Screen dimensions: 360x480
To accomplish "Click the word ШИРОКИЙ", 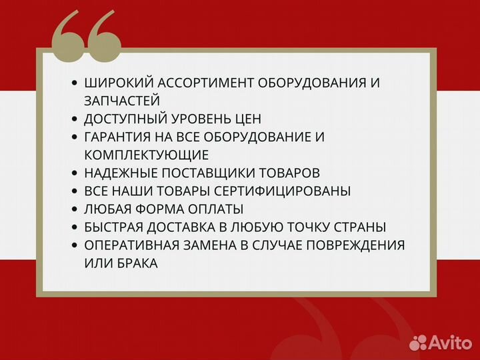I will (x=115, y=83).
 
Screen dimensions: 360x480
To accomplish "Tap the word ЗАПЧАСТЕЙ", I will (x=122, y=101).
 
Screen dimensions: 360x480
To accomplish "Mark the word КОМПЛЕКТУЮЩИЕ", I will (x=147, y=155).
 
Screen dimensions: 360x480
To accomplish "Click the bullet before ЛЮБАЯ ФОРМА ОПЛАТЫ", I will (x=74, y=209).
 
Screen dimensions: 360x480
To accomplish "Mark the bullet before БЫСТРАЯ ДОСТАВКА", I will (x=74, y=227).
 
